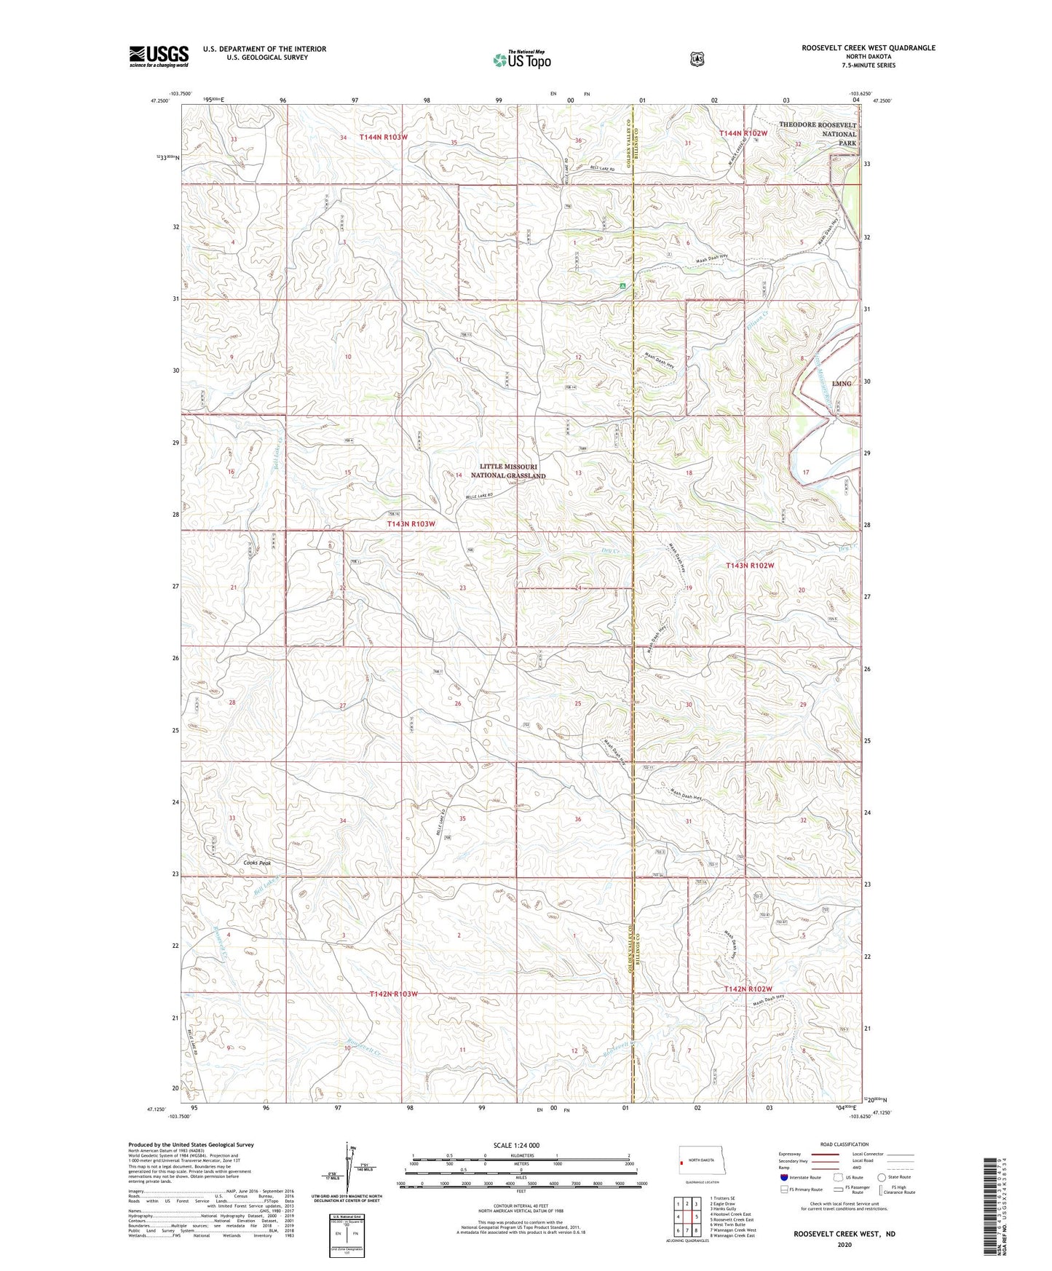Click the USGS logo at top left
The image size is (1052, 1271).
tap(159, 56)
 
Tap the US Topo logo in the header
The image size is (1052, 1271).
tap(521, 60)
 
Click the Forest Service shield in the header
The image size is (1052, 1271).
tap(697, 58)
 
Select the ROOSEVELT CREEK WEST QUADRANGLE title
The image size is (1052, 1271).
tap(868, 48)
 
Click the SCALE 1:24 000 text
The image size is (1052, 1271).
tap(516, 1145)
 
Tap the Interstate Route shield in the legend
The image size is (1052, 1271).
tap(783, 1177)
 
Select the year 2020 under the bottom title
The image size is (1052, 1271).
tap(845, 1224)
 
